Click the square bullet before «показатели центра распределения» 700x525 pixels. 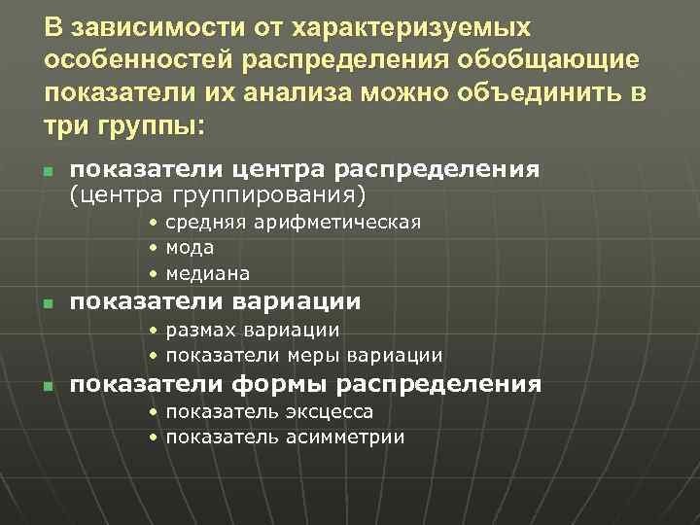click(x=48, y=173)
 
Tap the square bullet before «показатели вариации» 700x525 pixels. click(x=48, y=304)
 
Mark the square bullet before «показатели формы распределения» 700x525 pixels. click(x=48, y=387)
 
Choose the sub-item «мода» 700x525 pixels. click(x=190, y=248)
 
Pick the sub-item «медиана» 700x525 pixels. click(x=207, y=273)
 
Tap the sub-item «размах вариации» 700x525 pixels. click(x=252, y=331)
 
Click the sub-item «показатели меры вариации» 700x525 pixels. click(x=303, y=356)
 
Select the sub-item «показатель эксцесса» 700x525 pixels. click(x=269, y=412)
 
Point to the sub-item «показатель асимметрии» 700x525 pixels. click(x=285, y=437)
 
